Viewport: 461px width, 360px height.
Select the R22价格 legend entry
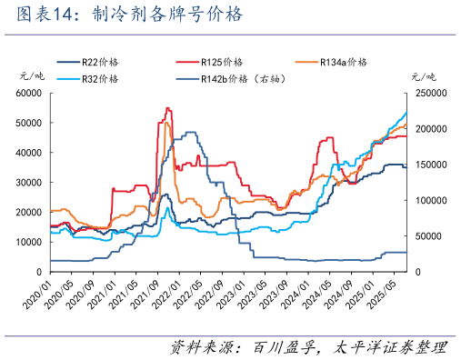click(x=101, y=62)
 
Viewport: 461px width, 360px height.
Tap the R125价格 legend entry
click(x=222, y=62)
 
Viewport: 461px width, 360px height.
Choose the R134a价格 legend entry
click(x=344, y=62)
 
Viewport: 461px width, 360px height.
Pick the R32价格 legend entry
click(x=101, y=79)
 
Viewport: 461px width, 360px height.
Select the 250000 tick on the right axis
click(x=429, y=93)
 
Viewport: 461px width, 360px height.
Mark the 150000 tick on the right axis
click(x=429, y=165)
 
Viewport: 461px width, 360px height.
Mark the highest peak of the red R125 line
click(x=166, y=108)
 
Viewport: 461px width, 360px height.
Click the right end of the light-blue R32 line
click(x=406, y=112)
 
